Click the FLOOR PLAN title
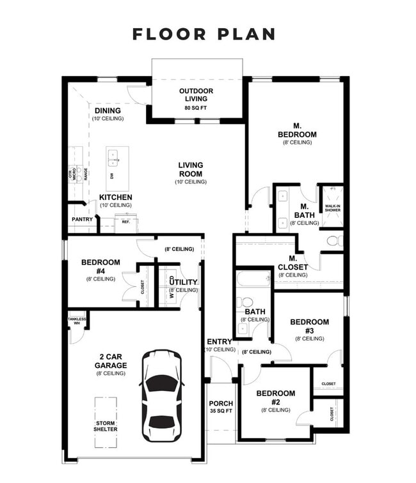click(204, 34)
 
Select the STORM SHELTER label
click(106, 425)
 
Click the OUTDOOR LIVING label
click(196, 95)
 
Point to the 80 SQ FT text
click(196, 108)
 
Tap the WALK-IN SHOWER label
click(332, 208)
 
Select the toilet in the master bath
click(334, 241)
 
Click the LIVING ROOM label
click(191, 169)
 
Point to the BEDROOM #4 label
click(100, 266)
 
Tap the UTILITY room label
click(184, 282)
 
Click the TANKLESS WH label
click(77, 321)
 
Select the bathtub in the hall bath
click(253, 280)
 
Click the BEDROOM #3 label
click(309, 326)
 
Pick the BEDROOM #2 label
click(276, 397)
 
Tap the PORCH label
click(221, 404)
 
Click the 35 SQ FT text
click(221, 412)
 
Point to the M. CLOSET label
click(292, 263)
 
